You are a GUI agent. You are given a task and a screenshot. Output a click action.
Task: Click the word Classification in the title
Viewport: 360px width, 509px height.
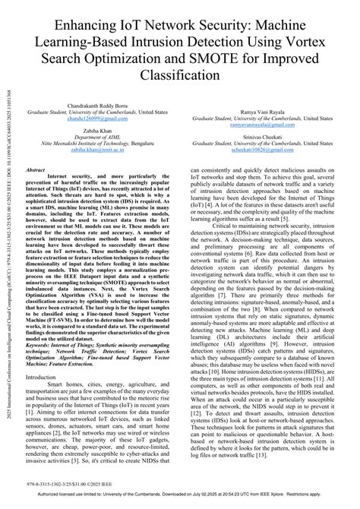pos(178,77)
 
